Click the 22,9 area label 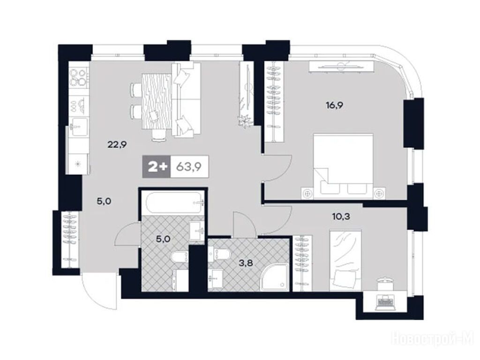[117, 144]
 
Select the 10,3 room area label [341, 217]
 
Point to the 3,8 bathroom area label [246, 262]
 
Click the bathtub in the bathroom [175, 202]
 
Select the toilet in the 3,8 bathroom [218, 254]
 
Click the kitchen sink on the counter [79, 127]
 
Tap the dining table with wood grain [157, 101]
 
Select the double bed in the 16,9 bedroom [344, 166]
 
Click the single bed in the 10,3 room [345, 261]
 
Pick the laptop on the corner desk [384, 301]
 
